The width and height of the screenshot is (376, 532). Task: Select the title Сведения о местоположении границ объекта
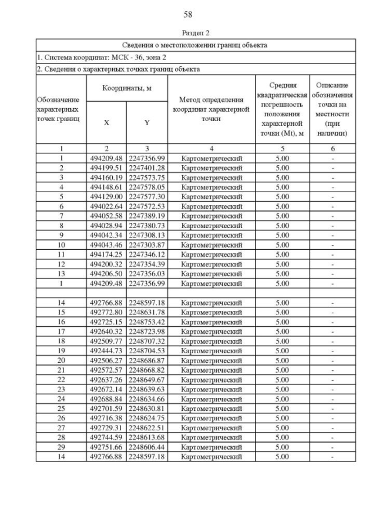196,45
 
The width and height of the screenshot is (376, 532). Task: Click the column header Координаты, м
127,88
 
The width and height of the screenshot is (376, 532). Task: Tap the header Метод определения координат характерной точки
211,109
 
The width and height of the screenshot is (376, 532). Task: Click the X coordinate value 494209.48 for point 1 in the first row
106,158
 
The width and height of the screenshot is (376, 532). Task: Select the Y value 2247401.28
147,168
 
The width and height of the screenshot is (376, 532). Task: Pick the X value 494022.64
106,206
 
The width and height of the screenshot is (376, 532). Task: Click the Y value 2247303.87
147,245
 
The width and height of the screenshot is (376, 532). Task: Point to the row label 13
61,273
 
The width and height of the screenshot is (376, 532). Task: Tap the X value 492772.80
106,312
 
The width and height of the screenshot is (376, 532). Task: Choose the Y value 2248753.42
147,322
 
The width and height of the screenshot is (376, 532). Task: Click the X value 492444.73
106,350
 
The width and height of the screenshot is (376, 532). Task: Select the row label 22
61,379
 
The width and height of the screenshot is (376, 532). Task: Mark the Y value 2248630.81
147,408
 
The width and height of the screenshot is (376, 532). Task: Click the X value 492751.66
106,447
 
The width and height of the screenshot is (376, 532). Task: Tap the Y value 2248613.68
147,437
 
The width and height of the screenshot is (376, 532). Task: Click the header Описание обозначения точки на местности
332,109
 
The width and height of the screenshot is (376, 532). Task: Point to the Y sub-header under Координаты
147,123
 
